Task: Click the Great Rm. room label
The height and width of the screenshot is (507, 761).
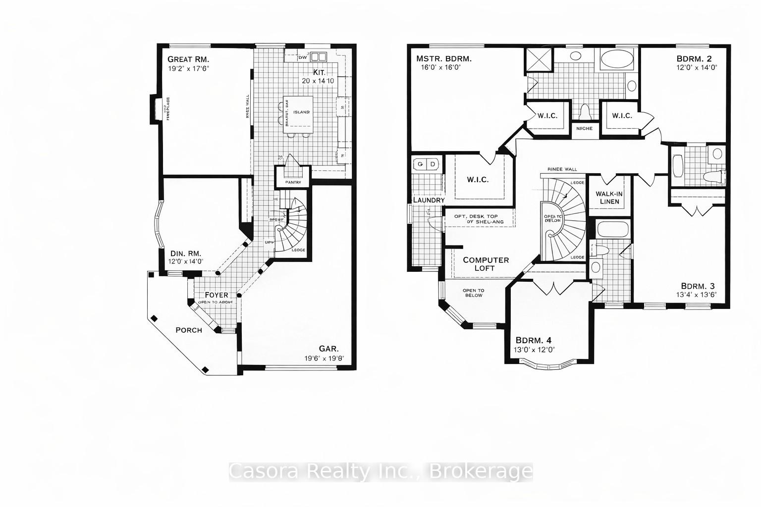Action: click(x=188, y=59)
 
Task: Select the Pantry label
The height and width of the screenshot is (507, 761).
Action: click(x=293, y=182)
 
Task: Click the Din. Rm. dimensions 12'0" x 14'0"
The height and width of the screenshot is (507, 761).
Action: click(x=186, y=262)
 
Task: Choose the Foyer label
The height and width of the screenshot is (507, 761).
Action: click(x=216, y=295)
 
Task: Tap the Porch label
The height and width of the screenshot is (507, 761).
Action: click(x=189, y=330)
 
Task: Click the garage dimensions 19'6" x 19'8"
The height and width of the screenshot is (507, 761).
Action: click(x=325, y=358)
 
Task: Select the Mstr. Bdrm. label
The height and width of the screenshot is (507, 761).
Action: click(x=443, y=59)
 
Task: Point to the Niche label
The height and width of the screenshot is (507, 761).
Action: click(x=585, y=129)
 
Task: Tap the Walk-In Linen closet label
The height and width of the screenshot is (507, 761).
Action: click(x=609, y=198)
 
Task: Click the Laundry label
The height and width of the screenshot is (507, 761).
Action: click(x=429, y=200)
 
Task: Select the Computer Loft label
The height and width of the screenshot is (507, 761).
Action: click(x=486, y=264)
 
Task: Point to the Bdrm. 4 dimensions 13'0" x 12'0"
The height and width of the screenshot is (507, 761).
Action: click(x=535, y=349)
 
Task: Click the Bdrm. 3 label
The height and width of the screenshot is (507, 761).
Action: click(x=698, y=286)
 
